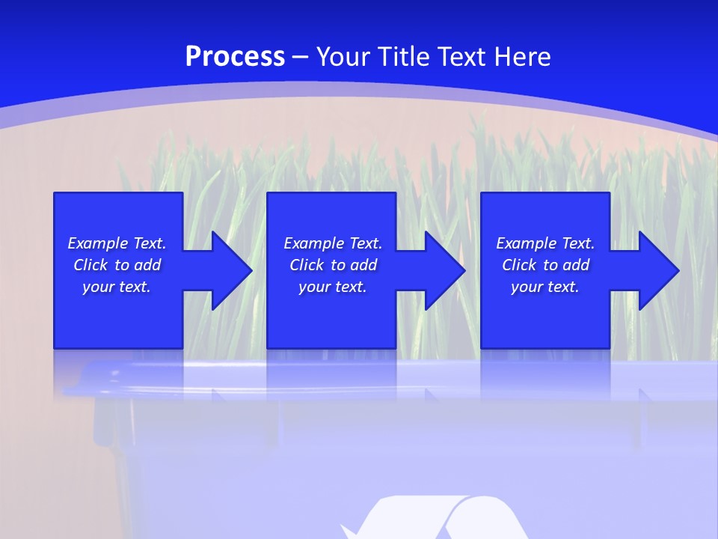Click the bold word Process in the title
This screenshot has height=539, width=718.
tap(235, 56)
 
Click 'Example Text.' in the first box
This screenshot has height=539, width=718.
tap(117, 243)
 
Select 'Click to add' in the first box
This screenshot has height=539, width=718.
tap(117, 265)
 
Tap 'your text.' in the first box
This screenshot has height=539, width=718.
tap(117, 287)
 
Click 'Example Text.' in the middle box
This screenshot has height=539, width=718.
tap(333, 243)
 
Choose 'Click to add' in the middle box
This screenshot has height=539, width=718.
tap(333, 265)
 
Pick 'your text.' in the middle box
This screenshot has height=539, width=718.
tap(333, 287)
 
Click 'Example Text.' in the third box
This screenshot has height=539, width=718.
tap(545, 243)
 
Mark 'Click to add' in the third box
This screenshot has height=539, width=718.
tap(545, 265)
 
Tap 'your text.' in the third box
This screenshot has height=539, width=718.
tap(545, 287)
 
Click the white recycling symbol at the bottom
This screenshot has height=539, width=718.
tap(434, 520)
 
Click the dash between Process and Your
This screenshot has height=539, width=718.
tap(301, 57)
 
